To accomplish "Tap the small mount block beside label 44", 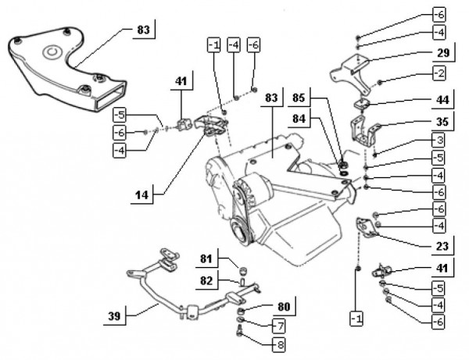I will pos(364,103).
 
